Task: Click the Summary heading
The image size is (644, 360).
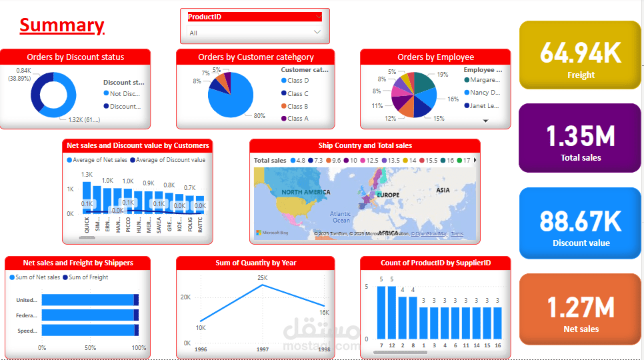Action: click(x=61, y=25)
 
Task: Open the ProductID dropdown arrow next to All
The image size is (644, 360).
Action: click(x=317, y=32)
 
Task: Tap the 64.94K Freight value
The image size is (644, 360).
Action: click(x=580, y=53)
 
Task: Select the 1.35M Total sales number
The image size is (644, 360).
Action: click(x=580, y=136)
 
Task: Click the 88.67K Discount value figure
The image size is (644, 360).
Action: click(x=580, y=221)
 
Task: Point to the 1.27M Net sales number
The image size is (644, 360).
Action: click(x=580, y=307)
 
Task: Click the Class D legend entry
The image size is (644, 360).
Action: click(x=297, y=81)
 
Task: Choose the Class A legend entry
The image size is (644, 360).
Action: click(x=297, y=119)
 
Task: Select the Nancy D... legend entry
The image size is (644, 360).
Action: click(x=485, y=93)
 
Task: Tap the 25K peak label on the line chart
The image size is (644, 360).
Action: click(x=262, y=277)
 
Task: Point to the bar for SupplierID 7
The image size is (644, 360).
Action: click(x=381, y=312)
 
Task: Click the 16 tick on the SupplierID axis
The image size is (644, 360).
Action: click(x=497, y=345)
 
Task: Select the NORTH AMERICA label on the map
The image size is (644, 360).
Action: click(x=305, y=192)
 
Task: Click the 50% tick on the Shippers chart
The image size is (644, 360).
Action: click(x=90, y=347)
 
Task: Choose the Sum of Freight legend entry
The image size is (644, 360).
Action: click(x=88, y=277)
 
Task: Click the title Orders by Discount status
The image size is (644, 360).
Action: click(x=75, y=57)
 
